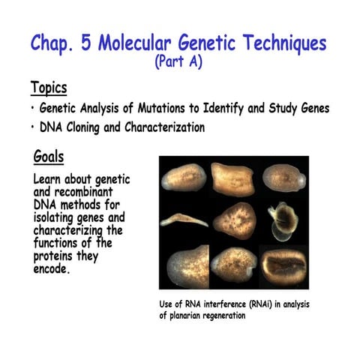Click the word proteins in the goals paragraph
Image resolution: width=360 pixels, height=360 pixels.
click(x=57, y=256)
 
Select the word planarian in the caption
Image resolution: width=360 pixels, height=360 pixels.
click(x=191, y=316)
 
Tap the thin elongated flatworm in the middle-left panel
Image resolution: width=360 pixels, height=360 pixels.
click(x=182, y=219)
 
